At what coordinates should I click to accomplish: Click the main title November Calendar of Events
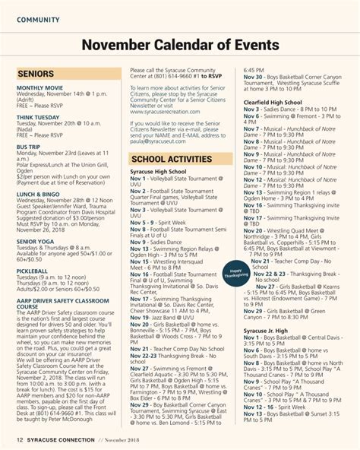pyautogui.click(x=179, y=46)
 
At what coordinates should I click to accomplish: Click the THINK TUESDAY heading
pyautogui.click(x=37, y=118)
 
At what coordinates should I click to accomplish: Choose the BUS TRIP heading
pyautogui.click(x=29, y=147)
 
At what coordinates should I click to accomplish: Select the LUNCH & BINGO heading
pyautogui.click(x=39, y=193)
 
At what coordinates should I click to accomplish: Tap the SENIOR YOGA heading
pyautogui.click(x=35, y=241)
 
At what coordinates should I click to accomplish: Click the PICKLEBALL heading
pyautogui.click(x=32, y=271)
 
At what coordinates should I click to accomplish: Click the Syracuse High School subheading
pyautogui.click(x=158, y=172)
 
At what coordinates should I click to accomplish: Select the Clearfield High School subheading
pyautogui.click(x=273, y=102)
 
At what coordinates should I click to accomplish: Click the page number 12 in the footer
pyautogui.click(x=20, y=439)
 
